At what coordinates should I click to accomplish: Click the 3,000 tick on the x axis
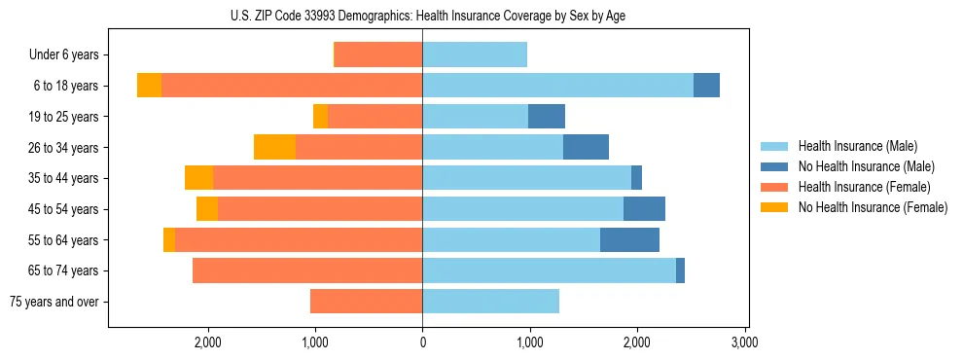(x=744, y=342)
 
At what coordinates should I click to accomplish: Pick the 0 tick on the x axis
(x=422, y=342)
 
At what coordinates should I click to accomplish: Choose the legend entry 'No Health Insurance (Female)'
(x=873, y=207)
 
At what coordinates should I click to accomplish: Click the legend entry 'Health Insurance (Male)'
(x=858, y=146)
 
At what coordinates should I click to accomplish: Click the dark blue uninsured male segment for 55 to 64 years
(x=629, y=239)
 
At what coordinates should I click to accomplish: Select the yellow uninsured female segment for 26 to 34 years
(x=274, y=147)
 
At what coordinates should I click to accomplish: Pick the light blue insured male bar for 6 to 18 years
(x=557, y=86)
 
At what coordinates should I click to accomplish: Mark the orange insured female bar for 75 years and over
(x=366, y=302)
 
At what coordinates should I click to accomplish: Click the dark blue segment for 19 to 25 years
(x=547, y=117)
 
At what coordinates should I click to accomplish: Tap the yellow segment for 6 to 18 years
(x=149, y=86)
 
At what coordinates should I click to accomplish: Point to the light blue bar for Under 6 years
(x=475, y=54)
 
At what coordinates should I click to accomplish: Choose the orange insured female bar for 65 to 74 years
(x=307, y=270)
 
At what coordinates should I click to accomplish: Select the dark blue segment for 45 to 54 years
(x=644, y=209)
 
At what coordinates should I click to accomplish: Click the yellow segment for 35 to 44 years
(x=198, y=178)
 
